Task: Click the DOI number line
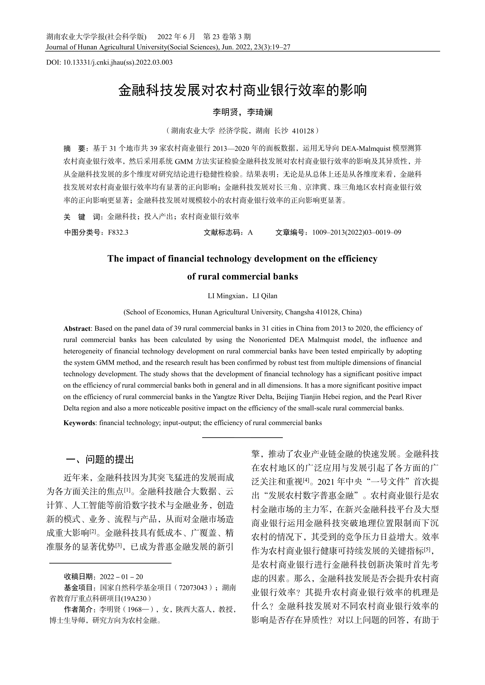109,62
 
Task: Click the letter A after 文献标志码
250,232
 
